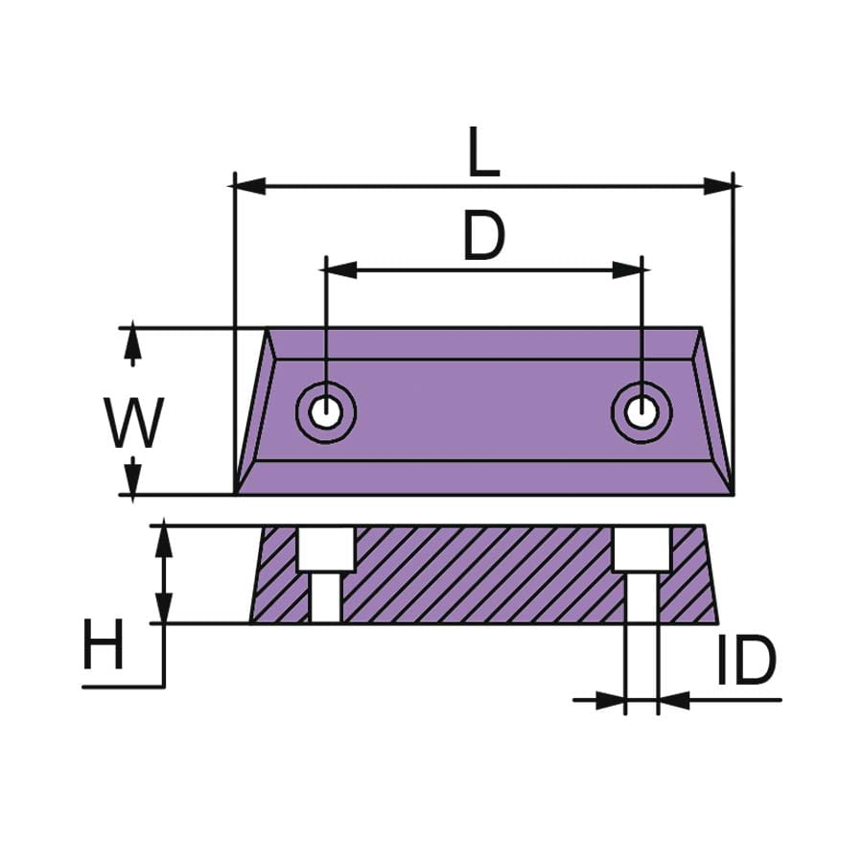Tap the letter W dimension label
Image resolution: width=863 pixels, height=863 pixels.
coord(134,424)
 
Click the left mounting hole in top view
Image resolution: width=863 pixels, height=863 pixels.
coord(325,412)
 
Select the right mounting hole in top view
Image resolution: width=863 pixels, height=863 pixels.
coord(641,412)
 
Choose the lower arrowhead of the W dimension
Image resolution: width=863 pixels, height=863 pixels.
coord(133,478)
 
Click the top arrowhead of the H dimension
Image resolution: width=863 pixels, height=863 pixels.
coord(165,541)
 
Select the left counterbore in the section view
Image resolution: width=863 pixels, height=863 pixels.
coord(325,548)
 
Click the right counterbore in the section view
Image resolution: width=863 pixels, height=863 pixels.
coord(641,548)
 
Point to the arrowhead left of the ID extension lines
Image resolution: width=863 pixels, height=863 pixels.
coord(610,699)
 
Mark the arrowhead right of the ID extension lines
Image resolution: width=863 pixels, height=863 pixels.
coord(674,699)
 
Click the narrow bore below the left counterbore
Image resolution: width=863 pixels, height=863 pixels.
coord(325,597)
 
